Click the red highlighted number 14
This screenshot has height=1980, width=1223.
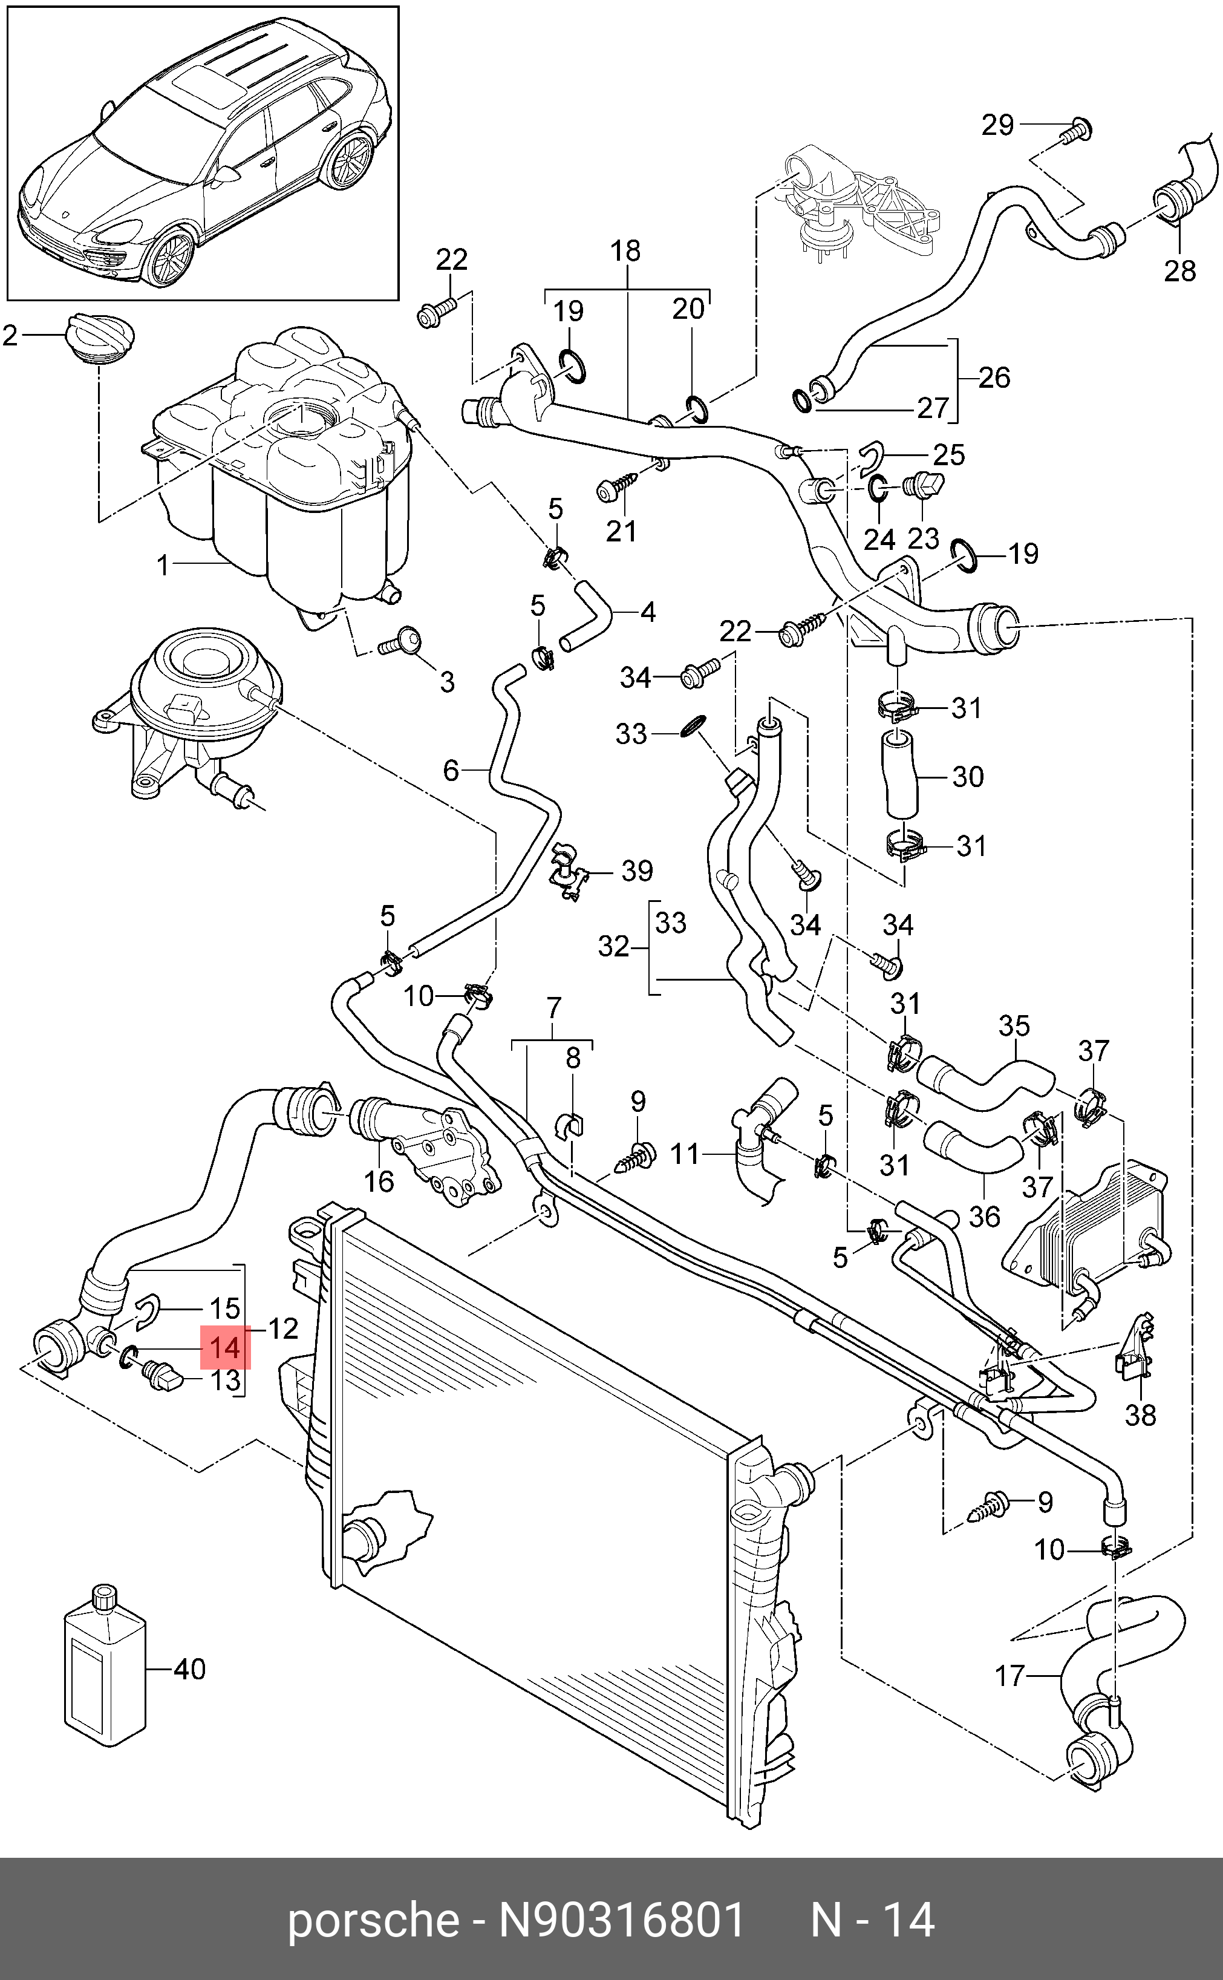[x=225, y=1347]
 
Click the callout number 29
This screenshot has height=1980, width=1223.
[x=997, y=125]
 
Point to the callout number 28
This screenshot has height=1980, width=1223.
[x=1179, y=270]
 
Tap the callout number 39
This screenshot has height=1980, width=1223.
[x=636, y=871]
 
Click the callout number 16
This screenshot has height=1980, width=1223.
[x=379, y=1181]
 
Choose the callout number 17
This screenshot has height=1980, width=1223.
[x=1009, y=1676]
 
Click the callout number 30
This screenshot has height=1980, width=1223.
[x=967, y=777]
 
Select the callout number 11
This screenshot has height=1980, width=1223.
[x=684, y=1154]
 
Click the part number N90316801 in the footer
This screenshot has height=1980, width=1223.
[x=621, y=1920]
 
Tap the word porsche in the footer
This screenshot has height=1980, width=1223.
[x=373, y=1920]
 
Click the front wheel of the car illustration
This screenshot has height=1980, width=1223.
[x=171, y=257]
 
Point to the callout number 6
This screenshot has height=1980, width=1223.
[x=451, y=770]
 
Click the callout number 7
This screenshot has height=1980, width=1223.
[x=553, y=1008]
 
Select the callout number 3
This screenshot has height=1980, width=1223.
[x=446, y=682]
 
